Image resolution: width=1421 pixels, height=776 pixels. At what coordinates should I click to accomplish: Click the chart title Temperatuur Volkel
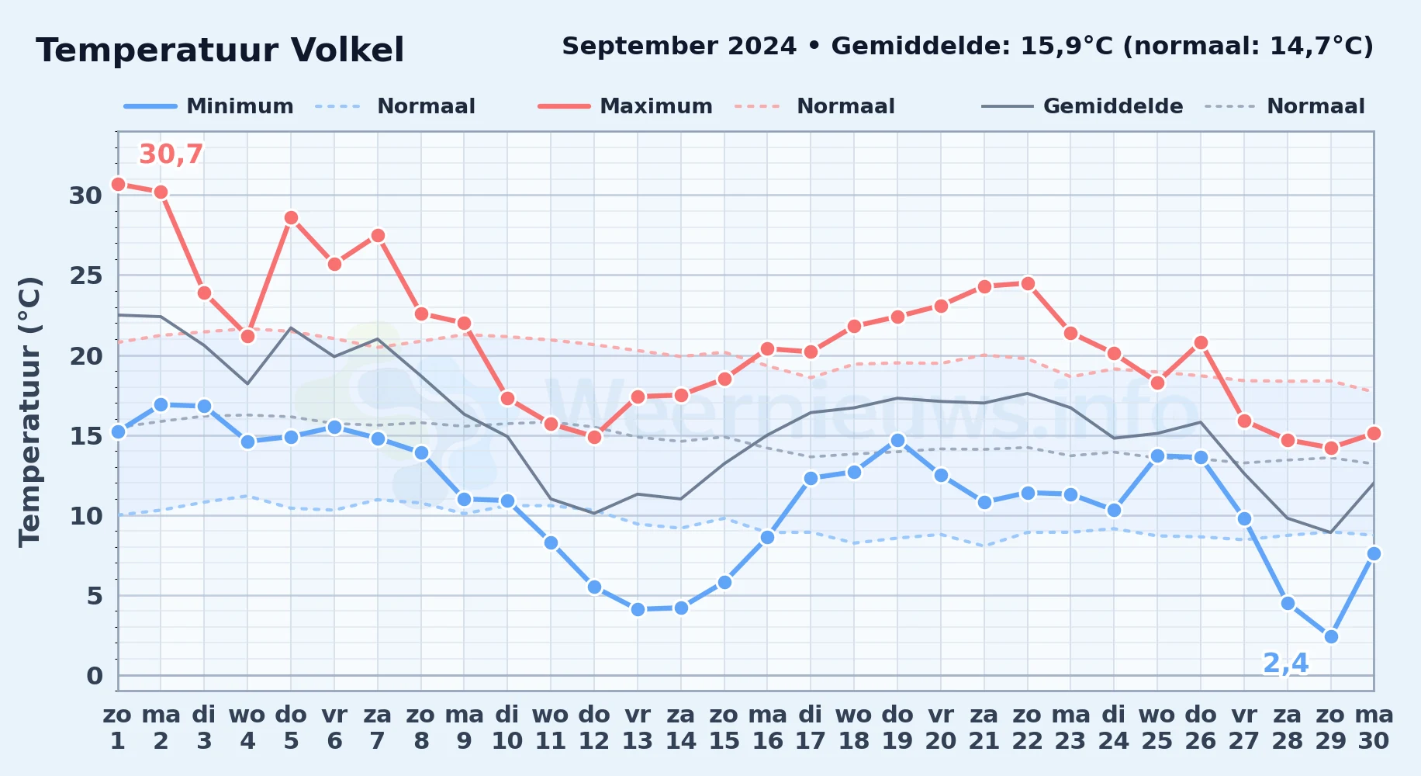pyautogui.click(x=220, y=50)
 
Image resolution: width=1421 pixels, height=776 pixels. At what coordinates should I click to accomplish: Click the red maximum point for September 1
pyautogui.click(x=118, y=184)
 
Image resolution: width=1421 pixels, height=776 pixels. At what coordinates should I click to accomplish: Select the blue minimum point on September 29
pyautogui.click(x=1331, y=636)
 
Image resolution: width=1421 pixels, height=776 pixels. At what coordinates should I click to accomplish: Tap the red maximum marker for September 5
pyautogui.click(x=291, y=217)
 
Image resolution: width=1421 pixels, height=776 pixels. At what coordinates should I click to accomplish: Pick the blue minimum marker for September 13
pyautogui.click(x=638, y=609)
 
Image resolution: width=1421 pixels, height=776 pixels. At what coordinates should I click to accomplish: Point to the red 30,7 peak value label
pyautogui.click(x=171, y=154)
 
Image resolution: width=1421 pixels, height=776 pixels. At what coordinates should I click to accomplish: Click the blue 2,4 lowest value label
pyautogui.click(x=1286, y=663)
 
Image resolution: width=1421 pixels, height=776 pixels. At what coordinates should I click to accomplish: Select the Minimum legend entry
pyautogui.click(x=209, y=106)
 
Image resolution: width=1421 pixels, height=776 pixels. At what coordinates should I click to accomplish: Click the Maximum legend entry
pyautogui.click(x=625, y=106)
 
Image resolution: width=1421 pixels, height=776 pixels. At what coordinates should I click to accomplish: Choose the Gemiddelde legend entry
pyautogui.click(x=1083, y=106)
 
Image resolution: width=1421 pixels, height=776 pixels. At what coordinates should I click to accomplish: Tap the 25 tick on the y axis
pyautogui.click(x=86, y=275)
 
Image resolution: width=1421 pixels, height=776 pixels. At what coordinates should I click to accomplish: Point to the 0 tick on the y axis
pyautogui.click(x=95, y=676)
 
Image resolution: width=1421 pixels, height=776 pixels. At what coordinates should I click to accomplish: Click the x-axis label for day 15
pyautogui.click(x=724, y=727)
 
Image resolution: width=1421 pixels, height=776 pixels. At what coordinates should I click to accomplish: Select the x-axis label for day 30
pyautogui.click(x=1374, y=727)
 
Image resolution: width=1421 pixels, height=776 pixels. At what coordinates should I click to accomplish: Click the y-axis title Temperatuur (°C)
pyautogui.click(x=30, y=411)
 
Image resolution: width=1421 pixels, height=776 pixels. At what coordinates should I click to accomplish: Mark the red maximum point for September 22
pyautogui.click(x=1028, y=283)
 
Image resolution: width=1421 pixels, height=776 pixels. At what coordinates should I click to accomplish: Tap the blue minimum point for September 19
pyautogui.click(x=897, y=440)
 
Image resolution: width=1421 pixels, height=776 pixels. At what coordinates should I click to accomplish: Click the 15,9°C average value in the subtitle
pyautogui.click(x=1067, y=47)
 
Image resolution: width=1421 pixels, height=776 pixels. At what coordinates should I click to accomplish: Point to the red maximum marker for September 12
pyautogui.click(x=594, y=437)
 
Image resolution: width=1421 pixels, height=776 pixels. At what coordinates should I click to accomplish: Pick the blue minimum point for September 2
pyautogui.click(x=161, y=404)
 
